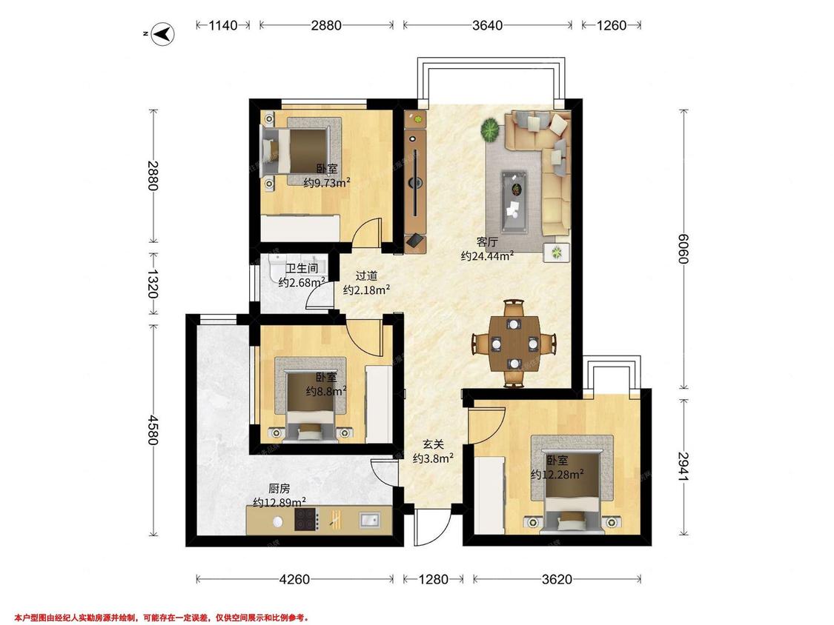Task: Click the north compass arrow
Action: tap(164, 34)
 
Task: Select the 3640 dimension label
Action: tap(487, 25)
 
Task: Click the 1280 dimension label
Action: tap(433, 579)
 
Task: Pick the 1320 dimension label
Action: tap(153, 284)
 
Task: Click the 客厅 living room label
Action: tap(486, 242)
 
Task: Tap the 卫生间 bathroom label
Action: tap(302, 268)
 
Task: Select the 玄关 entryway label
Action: tap(433, 444)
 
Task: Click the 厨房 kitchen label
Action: tap(279, 489)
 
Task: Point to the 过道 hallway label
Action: tap(366, 275)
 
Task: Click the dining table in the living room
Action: tap(514, 344)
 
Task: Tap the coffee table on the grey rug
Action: tap(514, 201)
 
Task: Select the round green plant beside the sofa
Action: tap(491, 130)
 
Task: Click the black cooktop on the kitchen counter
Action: tap(307, 520)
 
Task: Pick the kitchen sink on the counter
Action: tap(369, 520)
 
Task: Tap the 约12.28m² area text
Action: tap(557, 474)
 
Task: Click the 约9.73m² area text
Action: tap(327, 183)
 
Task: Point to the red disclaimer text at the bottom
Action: tap(161, 618)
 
